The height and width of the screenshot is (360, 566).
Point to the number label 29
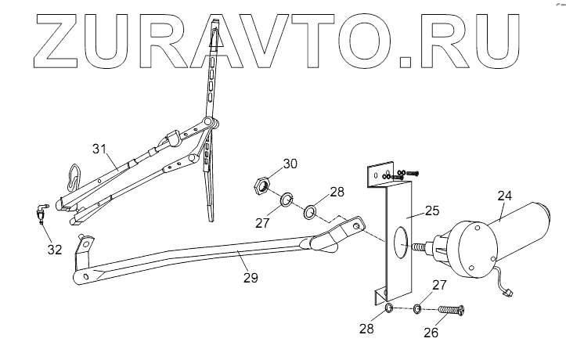[249, 277]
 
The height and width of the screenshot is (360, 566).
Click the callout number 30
[290, 164]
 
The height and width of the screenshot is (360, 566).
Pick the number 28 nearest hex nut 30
[337, 191]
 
